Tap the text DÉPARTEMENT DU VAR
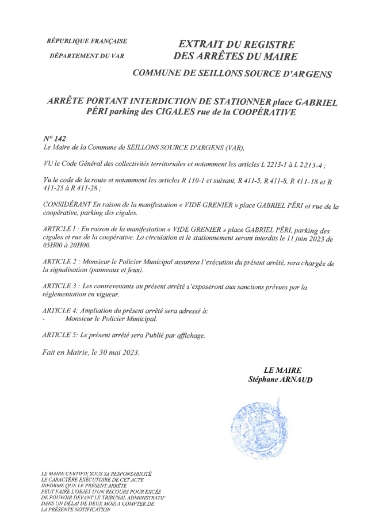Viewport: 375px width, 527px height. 87,56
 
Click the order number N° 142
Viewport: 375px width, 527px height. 55,139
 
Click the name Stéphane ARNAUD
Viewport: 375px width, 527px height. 280,380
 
